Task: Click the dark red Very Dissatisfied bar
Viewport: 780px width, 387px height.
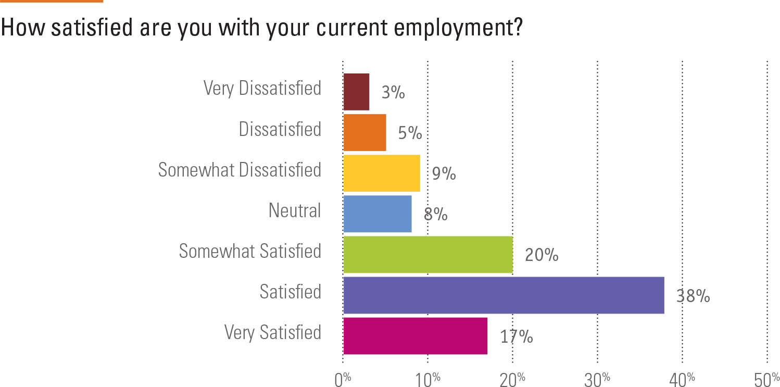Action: click(357, 92)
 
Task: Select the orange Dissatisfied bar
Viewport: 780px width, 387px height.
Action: click(365, 132)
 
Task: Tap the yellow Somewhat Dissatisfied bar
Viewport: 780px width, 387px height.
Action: click(382, 173)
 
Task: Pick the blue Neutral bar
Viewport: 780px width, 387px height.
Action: click(378, 214)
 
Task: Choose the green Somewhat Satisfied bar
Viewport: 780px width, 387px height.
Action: click(428, 254)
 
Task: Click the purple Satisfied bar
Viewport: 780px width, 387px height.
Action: click(504, 295)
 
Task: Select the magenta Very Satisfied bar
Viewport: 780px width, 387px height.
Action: click(416, 336)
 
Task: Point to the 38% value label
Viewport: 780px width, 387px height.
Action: click(693, 296)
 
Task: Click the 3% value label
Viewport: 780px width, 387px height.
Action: click(393, 93)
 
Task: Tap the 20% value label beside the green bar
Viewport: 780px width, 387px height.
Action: click(542, 255)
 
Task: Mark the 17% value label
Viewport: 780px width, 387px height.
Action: click(517, 337)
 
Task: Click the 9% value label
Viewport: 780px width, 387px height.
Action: click(444, 174)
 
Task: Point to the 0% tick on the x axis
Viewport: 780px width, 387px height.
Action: click(343, 380)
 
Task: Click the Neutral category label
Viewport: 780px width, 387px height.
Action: click(295, 210)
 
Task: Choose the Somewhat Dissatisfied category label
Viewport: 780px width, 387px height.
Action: click(240, 170)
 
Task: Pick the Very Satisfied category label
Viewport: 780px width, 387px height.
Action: click(273, 332)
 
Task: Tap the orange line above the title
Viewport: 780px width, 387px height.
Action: click(52, 1)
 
